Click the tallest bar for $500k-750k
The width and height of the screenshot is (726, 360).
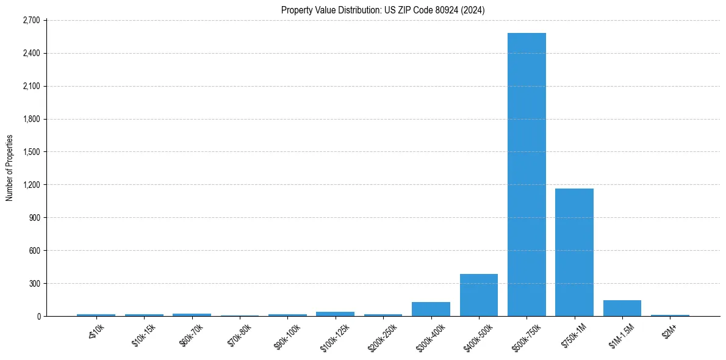(527, 175)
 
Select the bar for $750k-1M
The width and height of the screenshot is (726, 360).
(574, 252)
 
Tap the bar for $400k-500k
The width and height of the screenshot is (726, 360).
(479, 295)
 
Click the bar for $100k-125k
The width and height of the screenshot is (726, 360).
(335, 314)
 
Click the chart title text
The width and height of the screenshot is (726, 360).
(383, 10)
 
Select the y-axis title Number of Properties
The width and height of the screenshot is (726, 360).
(10, 168)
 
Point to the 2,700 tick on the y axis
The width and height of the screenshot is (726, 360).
(31, 20)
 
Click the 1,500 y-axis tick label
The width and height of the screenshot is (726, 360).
(31, 152)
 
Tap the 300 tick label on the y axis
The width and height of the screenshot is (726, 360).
(34, 284)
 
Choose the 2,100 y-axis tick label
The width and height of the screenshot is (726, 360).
(31, 86)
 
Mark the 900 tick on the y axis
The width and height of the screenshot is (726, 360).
(34, 218)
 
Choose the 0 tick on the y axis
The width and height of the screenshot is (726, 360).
(38, 317)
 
